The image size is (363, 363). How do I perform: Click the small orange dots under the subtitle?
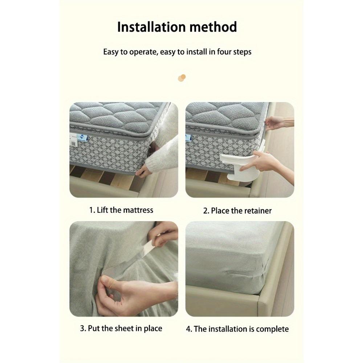pyautogui.click(x=181, y=77)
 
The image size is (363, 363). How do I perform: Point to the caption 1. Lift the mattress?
pyautogui.click(x=121, y=210)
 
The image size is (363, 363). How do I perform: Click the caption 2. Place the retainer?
pyautogui.click(x=237, y=211)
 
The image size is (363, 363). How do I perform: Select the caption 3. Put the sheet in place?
pyautogui.click(x=121, y=329)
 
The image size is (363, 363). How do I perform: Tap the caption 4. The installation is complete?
pyautogui.click(x=237, y=329)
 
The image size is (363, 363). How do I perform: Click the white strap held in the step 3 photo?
pyautogui.click(x=152, y=250)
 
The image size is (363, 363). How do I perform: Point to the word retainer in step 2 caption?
pyautogui.click(x=257, y=211)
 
